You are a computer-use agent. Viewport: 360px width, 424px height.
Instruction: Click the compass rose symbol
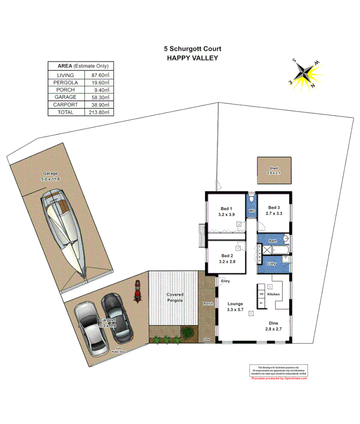point(306,74)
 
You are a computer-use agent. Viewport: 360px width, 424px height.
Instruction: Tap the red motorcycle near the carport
point(137,291)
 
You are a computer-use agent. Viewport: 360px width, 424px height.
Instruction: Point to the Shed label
point(274,168)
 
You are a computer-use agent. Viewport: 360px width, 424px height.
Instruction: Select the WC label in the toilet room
point(252,211)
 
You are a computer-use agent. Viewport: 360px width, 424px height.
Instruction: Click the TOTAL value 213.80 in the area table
point(99,112)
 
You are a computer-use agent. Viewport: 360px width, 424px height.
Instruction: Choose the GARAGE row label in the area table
point(66,97)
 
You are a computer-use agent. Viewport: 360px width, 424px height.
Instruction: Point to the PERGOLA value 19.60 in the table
point(99,83)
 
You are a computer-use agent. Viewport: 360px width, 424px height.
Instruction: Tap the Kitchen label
point(273,294)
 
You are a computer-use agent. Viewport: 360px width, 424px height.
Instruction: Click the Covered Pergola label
point(175,297)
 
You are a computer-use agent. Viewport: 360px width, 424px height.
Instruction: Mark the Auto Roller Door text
point(118,350)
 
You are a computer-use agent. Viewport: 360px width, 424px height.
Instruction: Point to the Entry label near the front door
point(225,281)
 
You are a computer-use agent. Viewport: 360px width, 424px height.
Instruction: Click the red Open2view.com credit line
point(279,378)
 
